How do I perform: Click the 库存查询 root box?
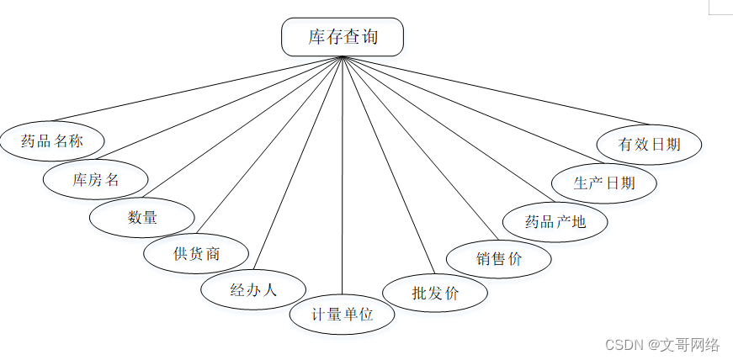[x=342, y=37]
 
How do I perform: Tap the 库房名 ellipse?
[x=96, y=179]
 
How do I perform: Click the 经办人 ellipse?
[x=253, y=290]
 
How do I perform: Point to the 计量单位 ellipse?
[x=342, y=315]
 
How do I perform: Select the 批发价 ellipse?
[x=435, y=294]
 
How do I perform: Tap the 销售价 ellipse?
[x=498, y=258]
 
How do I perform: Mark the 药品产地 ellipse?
[x=555, y=222]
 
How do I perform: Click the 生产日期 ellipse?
[x=603, y=183]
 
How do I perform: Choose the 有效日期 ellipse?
[x=649, y=144]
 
